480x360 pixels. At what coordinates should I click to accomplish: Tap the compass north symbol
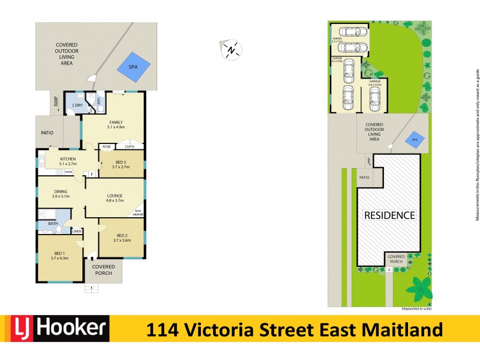(x=231, y=50)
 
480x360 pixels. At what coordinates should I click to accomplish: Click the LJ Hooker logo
(x=60, y=329)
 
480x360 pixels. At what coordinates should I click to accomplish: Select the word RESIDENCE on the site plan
(x=388, y=215)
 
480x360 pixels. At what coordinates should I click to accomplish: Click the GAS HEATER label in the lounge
(x=137, y=212)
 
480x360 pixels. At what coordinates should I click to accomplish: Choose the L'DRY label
(x=77, y=106)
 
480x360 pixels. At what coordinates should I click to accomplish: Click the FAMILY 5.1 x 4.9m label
(x=116, y=125)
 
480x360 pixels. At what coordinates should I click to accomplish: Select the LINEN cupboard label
(x=77, y=232)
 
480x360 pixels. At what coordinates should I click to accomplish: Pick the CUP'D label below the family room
(x=130, y=146)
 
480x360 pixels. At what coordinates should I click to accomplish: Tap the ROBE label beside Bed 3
(x=106, y=146)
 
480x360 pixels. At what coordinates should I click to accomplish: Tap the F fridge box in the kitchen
(x=92, y=174)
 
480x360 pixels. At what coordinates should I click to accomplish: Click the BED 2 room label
(x=122, y=238)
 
